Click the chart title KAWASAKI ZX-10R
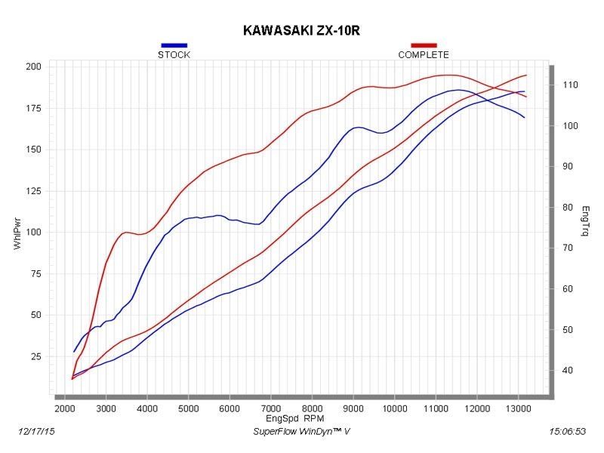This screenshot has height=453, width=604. pyautogui.click(x=302, y=31)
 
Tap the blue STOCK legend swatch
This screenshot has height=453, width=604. pyautogui.click(x=174, y=45)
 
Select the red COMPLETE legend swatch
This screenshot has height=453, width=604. pyautogui.click(x=424, y=45)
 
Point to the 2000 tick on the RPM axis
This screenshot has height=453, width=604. pyautogui.click(x=65, y=408)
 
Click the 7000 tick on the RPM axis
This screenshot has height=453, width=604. pyautogui.click(x=270, y=408)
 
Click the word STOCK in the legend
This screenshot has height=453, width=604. pyautogui.click(x=174, y=55)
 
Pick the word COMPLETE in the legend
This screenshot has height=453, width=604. pyautogui.click(x=424, y=55)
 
